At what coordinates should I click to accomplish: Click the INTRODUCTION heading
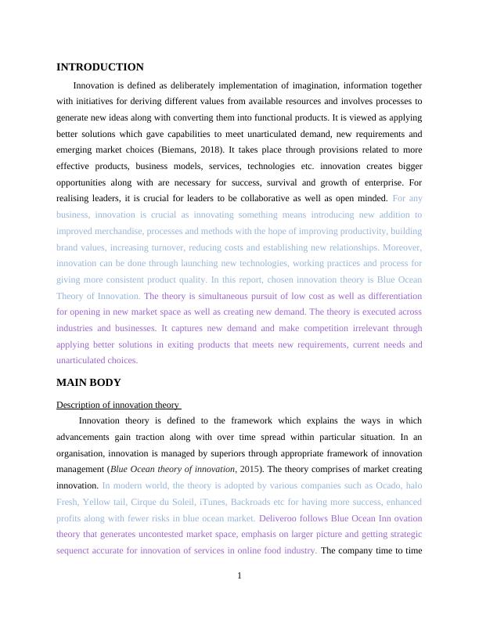[100, 67]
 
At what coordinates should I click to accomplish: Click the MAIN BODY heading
[88, 383]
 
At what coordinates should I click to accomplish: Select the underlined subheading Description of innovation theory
[118, 405]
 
